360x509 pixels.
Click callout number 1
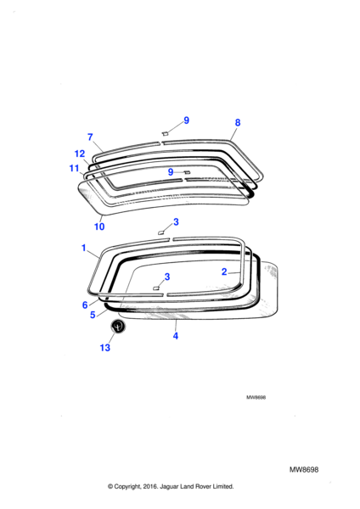84,248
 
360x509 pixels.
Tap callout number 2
224,271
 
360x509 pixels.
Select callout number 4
176,336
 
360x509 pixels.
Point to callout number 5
93,315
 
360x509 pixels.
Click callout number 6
85,305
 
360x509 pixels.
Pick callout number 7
90,137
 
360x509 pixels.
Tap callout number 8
238,123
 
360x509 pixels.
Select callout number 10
99,227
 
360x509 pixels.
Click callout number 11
74,168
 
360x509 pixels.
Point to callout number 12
80,154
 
